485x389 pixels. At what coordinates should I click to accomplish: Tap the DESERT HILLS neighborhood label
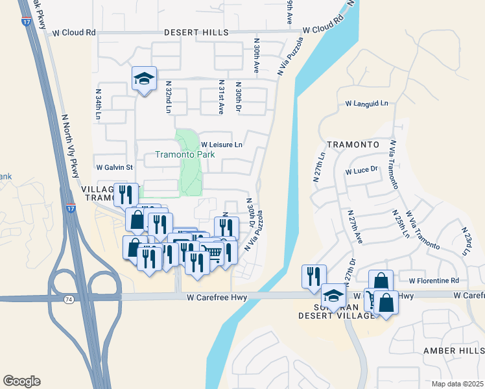[196, 32]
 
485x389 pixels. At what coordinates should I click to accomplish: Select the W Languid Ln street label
[366, 103]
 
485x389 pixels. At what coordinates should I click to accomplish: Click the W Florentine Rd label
[434, 281]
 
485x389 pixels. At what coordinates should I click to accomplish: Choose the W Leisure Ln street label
[221, 145]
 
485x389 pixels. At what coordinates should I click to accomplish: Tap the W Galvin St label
[114, 167]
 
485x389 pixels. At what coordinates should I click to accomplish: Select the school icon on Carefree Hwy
[334, 296]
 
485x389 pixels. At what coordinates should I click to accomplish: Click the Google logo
[21, 381]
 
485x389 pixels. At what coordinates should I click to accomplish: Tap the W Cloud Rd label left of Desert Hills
[74, 32]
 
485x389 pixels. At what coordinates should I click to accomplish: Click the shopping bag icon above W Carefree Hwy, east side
[381, 281]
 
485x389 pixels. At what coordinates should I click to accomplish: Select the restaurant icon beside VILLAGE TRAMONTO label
[126, 194]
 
